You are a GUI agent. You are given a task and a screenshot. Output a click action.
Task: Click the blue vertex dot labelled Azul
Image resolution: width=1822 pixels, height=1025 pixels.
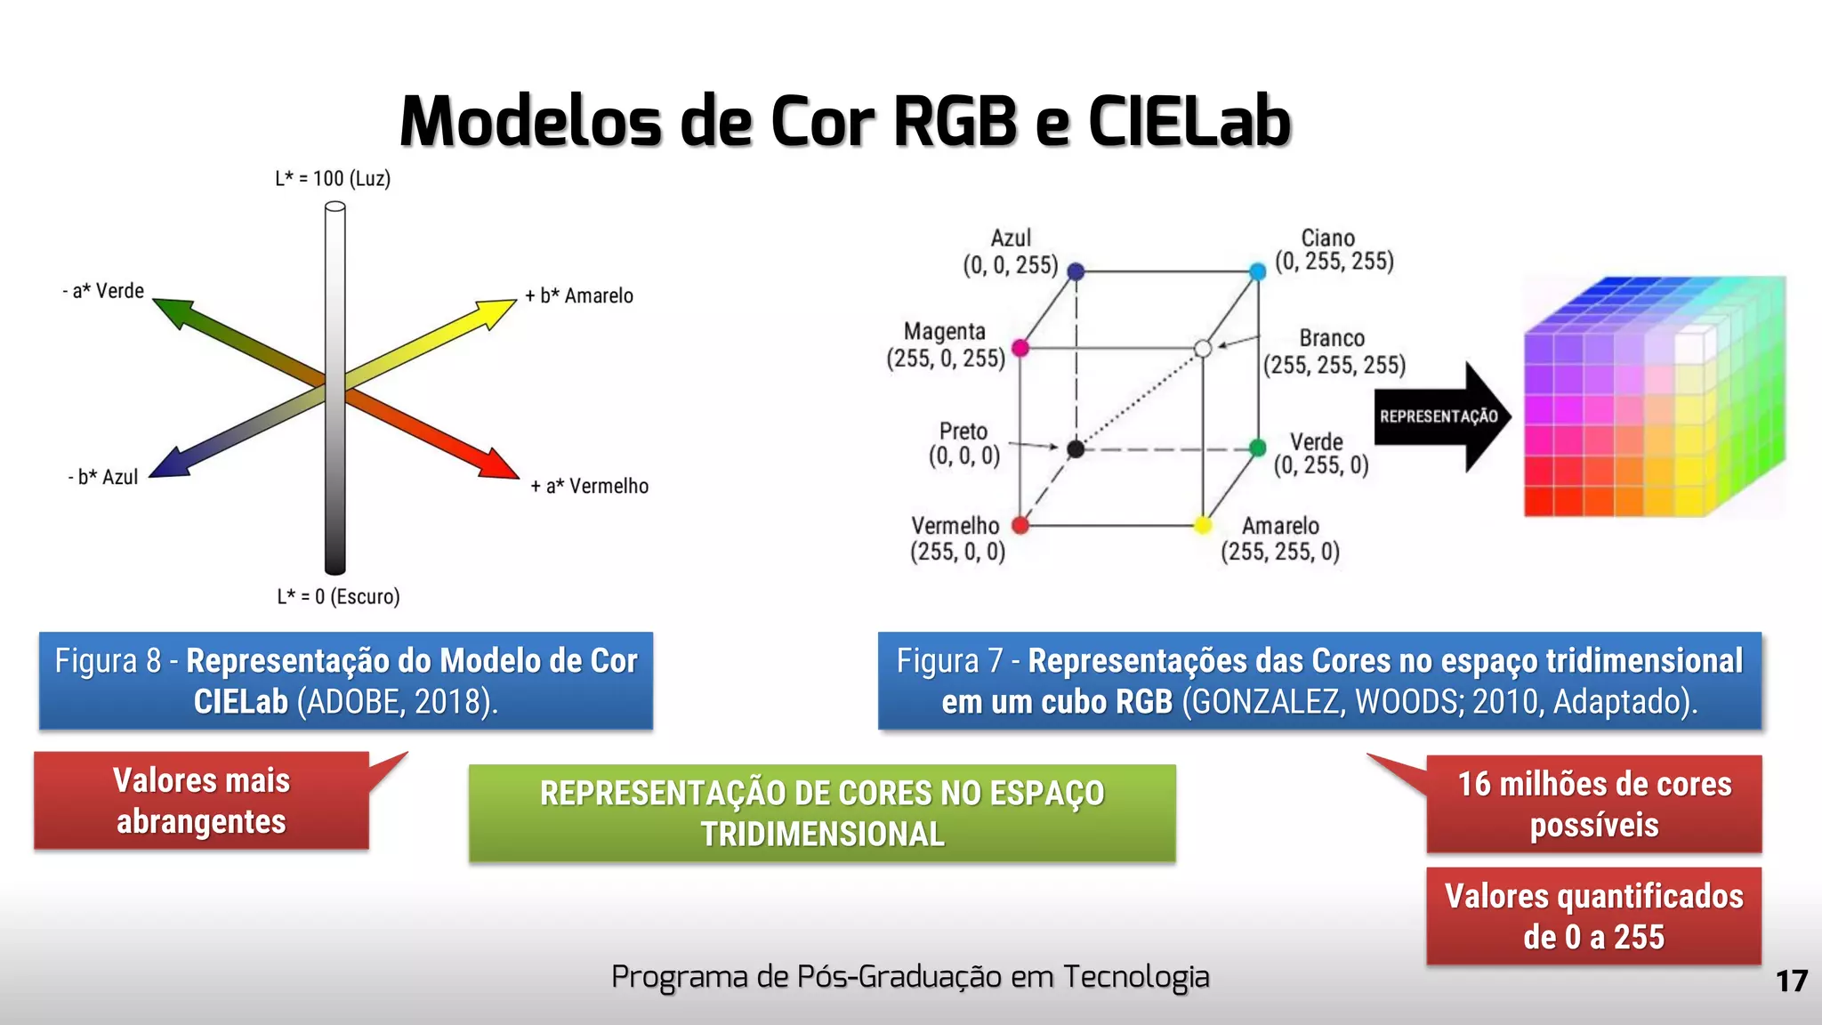tap(1076, 271)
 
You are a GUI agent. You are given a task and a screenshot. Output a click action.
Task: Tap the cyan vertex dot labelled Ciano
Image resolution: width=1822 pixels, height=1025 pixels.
tap(1257, 271)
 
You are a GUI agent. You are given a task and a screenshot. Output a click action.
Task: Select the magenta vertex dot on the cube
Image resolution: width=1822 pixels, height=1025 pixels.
tap(1020, 348)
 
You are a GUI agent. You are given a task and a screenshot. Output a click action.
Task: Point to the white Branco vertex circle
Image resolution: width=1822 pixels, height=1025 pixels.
tap(1203, 349)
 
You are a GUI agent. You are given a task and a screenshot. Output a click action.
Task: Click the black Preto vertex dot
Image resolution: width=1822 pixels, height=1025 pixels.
tap(1076, 449)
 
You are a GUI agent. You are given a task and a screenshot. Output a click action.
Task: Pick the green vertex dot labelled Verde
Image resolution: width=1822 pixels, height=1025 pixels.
tap(1257, 448)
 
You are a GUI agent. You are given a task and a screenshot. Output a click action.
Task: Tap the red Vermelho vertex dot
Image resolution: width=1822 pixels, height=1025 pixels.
tap(1020, 526)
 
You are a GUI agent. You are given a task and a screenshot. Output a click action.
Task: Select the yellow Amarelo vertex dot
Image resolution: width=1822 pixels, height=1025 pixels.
tap(1203, 526)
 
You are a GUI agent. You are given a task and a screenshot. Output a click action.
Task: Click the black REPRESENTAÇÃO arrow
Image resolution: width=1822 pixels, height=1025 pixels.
tap(1441, 416)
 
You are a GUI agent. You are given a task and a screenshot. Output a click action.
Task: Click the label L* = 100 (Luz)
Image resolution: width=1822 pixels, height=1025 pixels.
tap(333, 179)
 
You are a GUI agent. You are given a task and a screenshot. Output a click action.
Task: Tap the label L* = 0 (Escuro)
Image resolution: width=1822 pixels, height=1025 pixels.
tap(338, 597)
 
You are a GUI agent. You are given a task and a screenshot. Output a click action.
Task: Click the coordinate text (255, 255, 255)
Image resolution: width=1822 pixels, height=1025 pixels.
tap(1334, 366)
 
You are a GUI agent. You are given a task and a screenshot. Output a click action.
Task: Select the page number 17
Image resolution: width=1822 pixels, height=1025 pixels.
tap(1791, 981)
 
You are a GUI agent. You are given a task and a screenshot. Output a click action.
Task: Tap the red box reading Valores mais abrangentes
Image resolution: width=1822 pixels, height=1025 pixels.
tap(202, 801)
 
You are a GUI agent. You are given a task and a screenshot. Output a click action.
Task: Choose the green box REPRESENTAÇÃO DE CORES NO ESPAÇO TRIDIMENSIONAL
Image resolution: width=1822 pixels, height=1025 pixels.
tap(822, 813)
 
